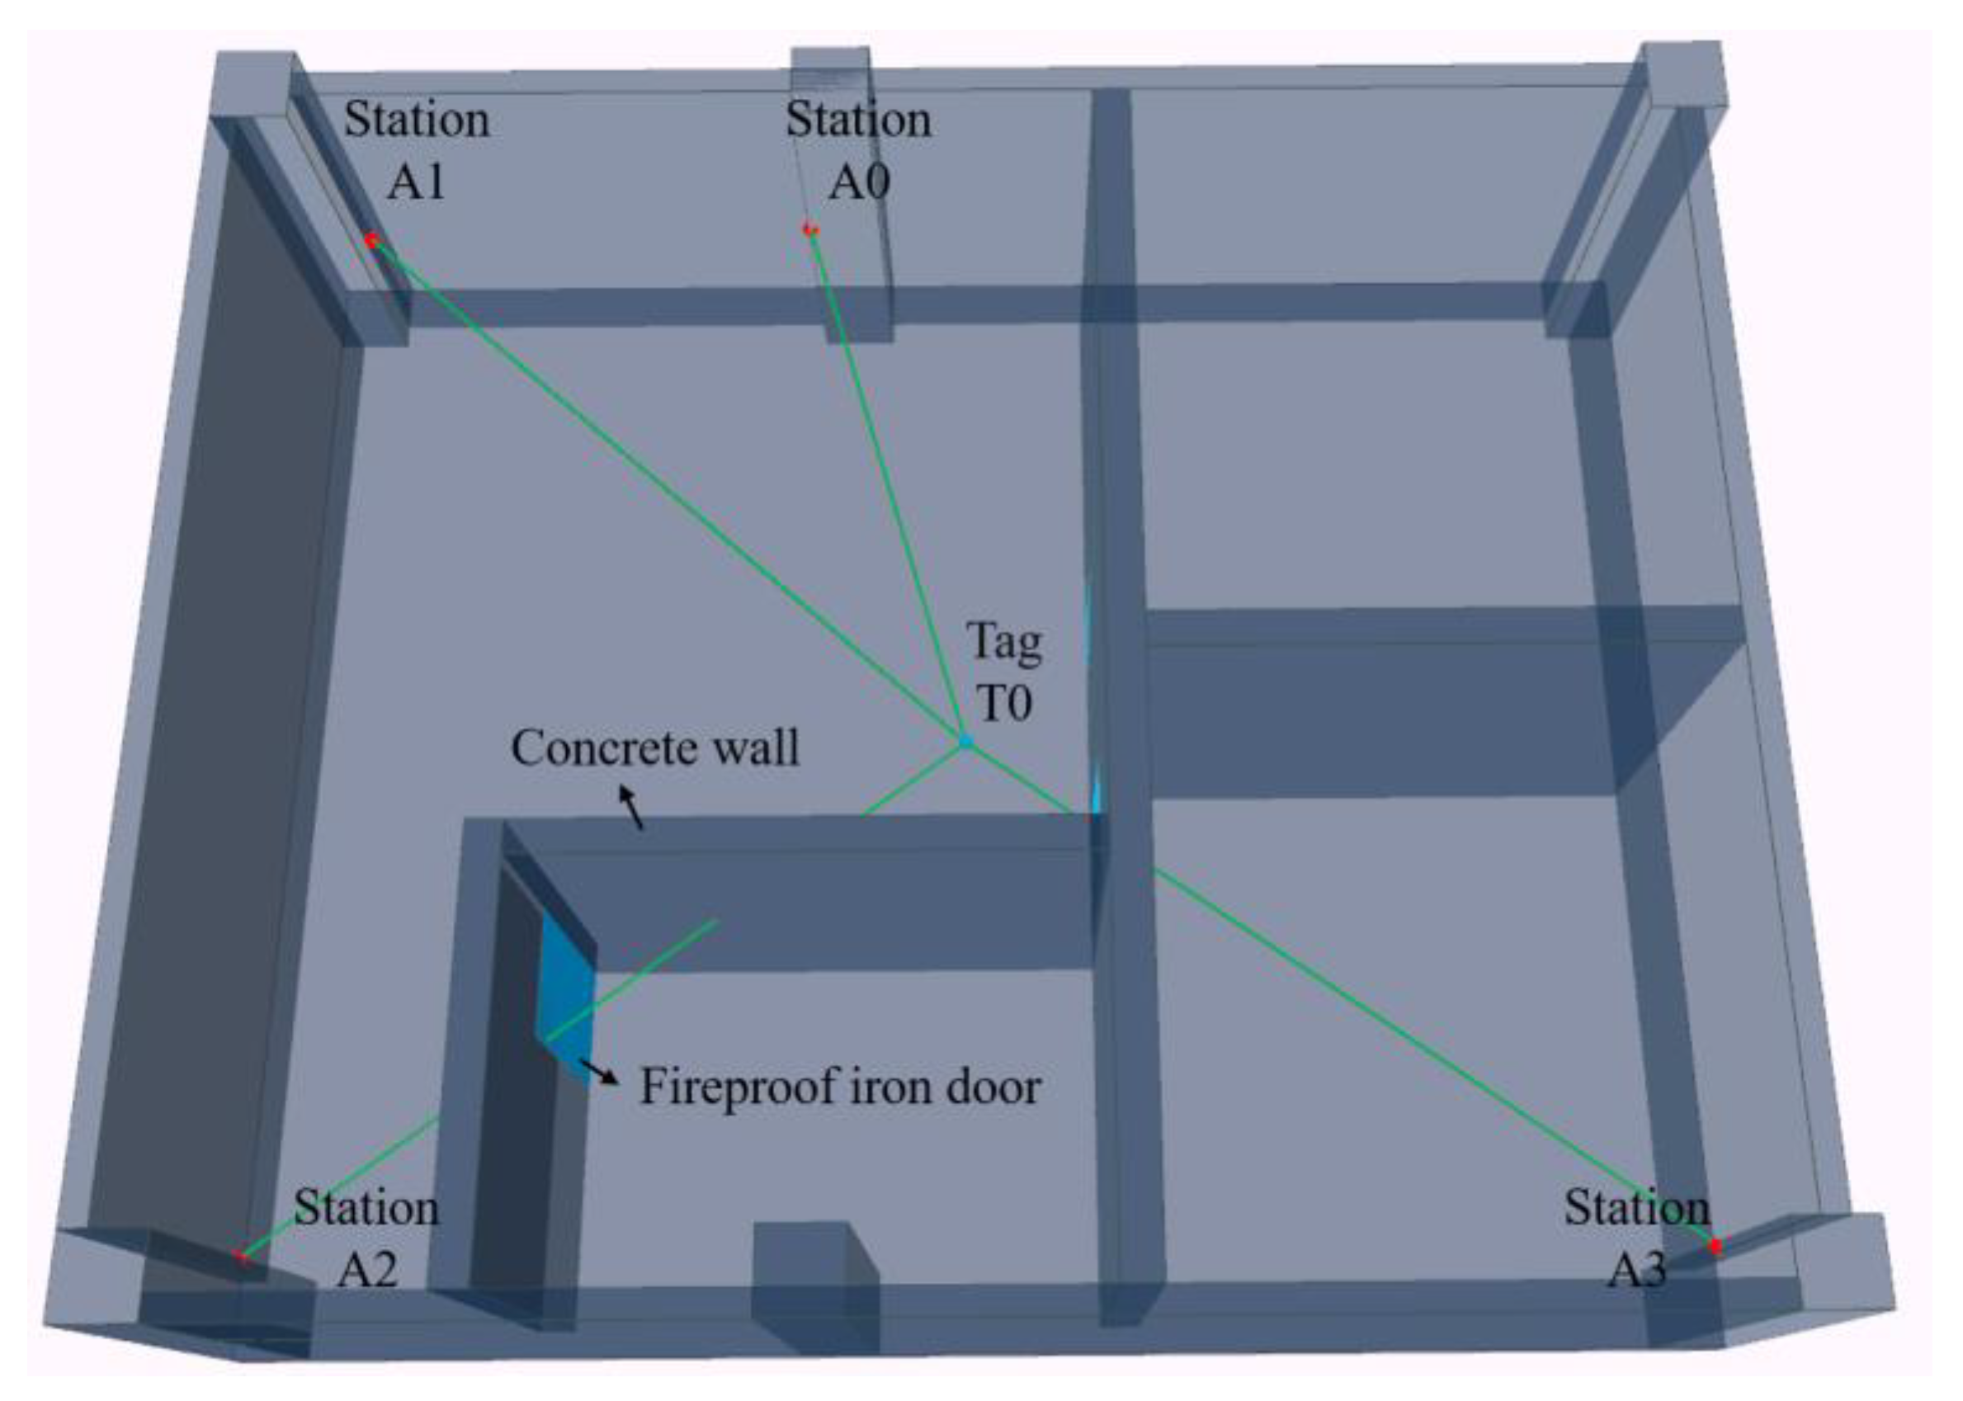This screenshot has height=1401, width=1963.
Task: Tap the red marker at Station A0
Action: (x=809, y=229)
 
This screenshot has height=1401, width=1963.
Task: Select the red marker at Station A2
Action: (x=242, y=1256)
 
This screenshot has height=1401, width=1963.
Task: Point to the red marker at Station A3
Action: (x=1715, y=1246)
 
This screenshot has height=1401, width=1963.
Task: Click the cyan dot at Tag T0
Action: (x=966, y=741)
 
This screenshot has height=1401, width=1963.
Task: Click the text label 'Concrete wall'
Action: (x=654, y=748)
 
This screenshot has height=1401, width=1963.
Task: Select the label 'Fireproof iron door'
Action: (x=840, y=1087)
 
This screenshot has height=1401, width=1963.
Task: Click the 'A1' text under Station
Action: (x=416, y=182)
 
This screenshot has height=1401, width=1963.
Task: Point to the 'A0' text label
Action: (x=858, y=182)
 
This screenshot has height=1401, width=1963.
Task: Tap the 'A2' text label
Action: (x=367, y=1270)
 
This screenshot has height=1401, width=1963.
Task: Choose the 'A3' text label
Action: (x=1637, y=1270)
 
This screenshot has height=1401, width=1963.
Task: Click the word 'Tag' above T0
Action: (x=1004, y=643)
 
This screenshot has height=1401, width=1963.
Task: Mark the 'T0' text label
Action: (x=1004, y=703)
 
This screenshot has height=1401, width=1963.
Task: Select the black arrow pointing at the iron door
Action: (x=597, y=1072)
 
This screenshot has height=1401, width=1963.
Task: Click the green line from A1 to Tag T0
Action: (x=664, y=488)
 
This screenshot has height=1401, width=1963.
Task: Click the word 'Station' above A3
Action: (x=1636, y=1208)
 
